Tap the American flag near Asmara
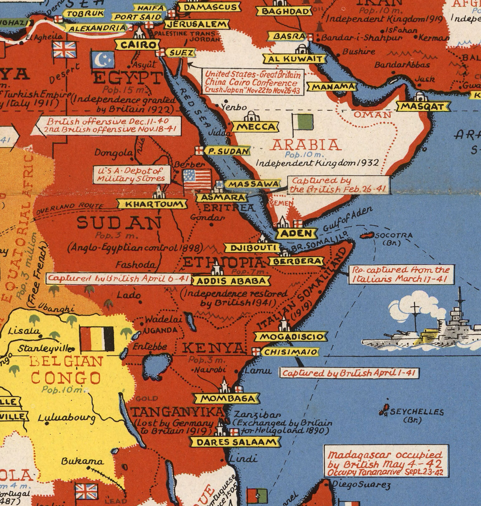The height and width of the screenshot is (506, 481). [197, 179]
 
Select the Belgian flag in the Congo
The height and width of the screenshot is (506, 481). [97, 339]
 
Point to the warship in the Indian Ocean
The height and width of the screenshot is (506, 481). [423, 331]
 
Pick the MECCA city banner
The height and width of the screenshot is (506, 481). [255, 127]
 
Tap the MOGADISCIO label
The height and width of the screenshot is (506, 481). [291, 336]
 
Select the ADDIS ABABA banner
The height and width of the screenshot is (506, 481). [231, 281]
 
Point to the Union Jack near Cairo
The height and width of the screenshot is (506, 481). [64, 50]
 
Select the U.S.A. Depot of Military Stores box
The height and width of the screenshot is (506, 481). [131, 174]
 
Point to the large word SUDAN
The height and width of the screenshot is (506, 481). [119, 222]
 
